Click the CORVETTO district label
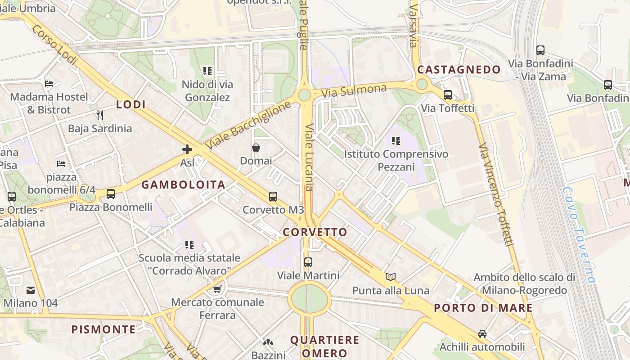click(315, 232)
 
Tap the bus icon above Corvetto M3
click(273, 197)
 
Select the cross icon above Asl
click(187, 149)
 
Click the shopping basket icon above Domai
click(256, 148)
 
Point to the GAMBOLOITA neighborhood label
click(183, 184)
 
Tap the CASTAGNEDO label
click(459, 70)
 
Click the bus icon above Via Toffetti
click(448, 95)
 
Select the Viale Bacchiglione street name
click(248, 126)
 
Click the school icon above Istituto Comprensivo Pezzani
click(396, 141)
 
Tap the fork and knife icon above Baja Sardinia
click(100, 115)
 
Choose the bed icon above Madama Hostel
click(49, 84)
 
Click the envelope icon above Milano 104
click(31, 290)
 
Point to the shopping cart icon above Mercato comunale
click(217, 289)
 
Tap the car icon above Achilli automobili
click(482, 334)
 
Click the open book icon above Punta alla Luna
click(391, 277)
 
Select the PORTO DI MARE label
click(483, 308)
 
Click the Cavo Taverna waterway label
click(579, 234)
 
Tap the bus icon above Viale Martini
click(308, 262)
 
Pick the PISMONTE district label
click(103, 329)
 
